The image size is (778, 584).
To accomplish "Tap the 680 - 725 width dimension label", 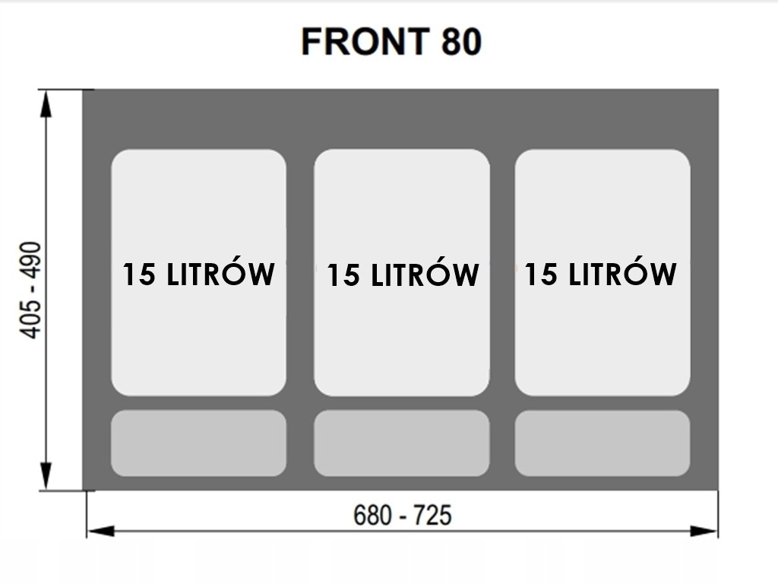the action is [402, 516].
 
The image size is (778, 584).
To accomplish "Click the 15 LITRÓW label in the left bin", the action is [198, 274].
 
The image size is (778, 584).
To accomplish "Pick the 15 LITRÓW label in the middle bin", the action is [402, 275].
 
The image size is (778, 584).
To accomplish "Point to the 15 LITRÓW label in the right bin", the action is [600, 273].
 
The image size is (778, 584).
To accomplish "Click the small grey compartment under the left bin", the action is [198, 443].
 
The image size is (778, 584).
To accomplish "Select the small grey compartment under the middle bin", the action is [402, 443].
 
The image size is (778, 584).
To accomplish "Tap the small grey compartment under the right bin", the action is [602, 443].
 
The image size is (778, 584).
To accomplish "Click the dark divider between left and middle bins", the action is [300, 274].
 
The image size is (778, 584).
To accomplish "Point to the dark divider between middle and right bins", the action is [502, 274].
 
